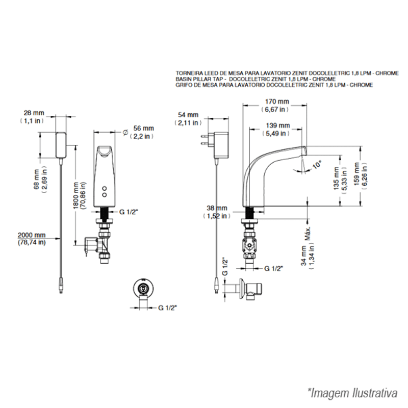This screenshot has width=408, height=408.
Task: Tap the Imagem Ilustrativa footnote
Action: click(x=352, y=393)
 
